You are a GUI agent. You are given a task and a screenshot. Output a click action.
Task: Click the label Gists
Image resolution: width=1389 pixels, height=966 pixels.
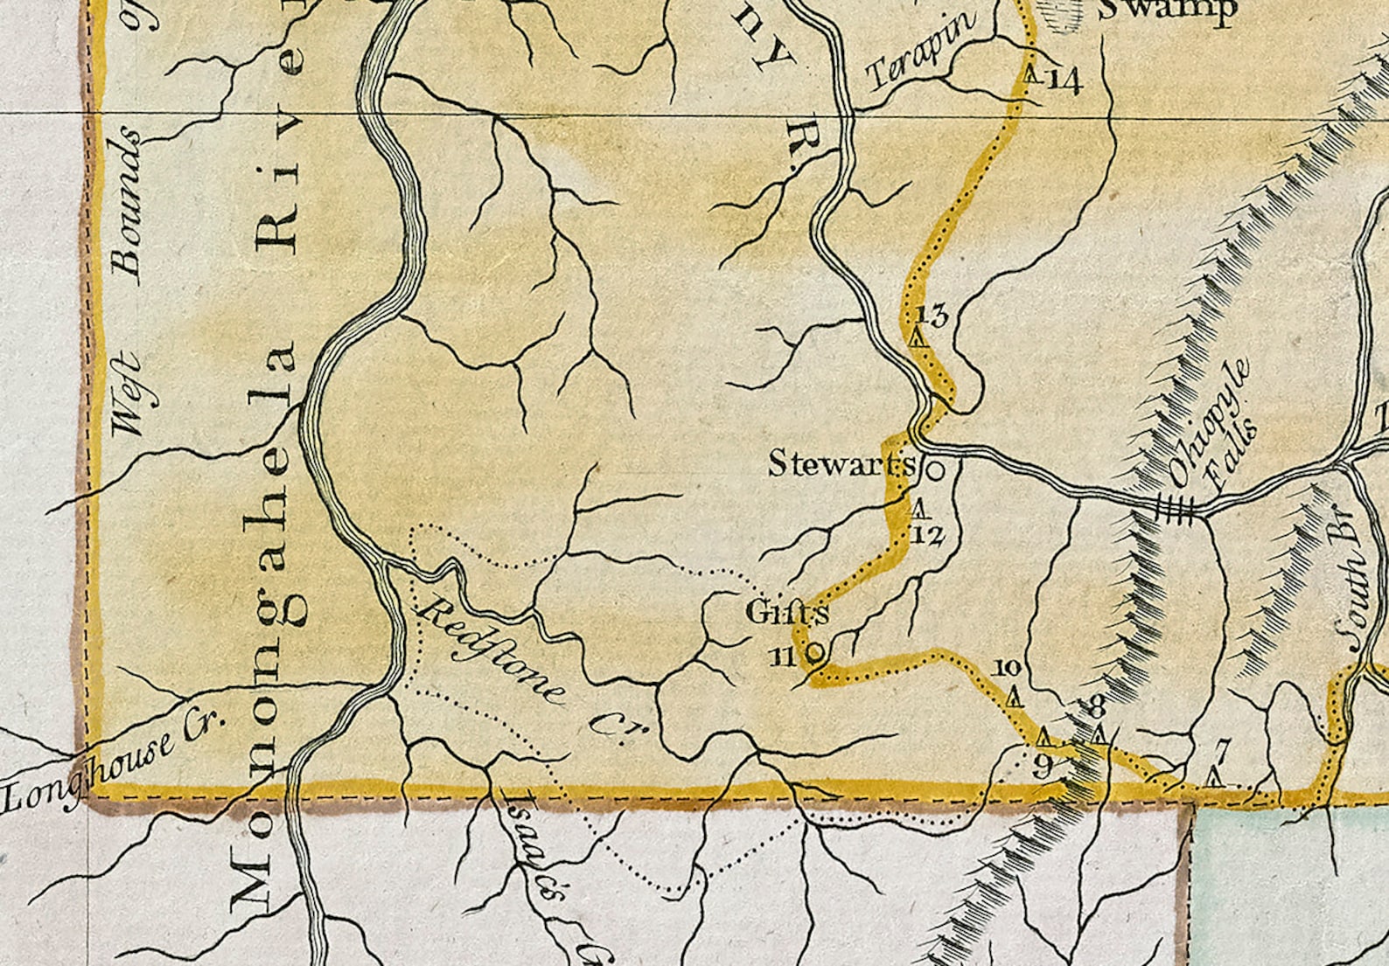coord(786,613)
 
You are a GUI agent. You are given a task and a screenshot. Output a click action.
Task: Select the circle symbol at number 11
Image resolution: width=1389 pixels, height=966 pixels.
coord(814,651)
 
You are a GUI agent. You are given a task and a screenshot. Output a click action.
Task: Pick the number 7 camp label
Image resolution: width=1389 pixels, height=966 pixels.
coord(1223,749)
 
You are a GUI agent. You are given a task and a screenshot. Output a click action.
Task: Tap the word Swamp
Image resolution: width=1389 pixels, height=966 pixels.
coord(1167,10)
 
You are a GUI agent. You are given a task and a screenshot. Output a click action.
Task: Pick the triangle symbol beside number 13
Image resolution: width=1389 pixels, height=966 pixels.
coord(917,336)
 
